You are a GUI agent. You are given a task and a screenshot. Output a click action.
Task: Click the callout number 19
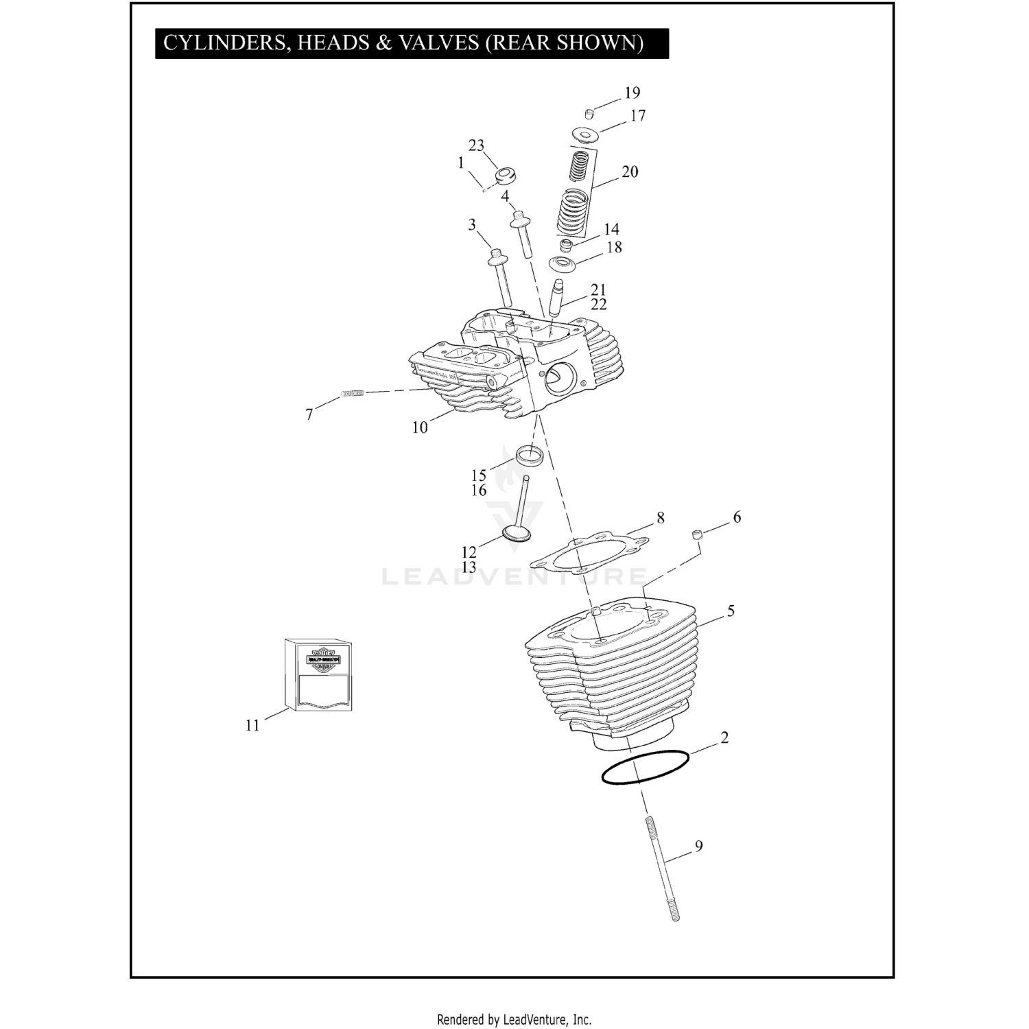[x=632, y=93]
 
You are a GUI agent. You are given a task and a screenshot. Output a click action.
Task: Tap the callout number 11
[x=252, y=725]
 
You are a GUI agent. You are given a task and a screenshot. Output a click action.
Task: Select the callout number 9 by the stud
[x=698, y=847]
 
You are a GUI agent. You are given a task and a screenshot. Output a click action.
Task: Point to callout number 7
[x=309, y=414]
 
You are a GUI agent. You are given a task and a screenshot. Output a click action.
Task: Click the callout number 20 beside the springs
[x=630, y=171]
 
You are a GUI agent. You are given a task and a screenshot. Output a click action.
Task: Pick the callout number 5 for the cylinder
[x=731, y=611]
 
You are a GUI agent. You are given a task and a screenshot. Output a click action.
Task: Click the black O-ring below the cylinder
[x=644, y=767]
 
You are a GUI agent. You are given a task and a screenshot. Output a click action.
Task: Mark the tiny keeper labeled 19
[x=589, y=113]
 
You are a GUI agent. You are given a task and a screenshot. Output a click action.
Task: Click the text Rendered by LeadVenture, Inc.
[x=514, y=1019]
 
